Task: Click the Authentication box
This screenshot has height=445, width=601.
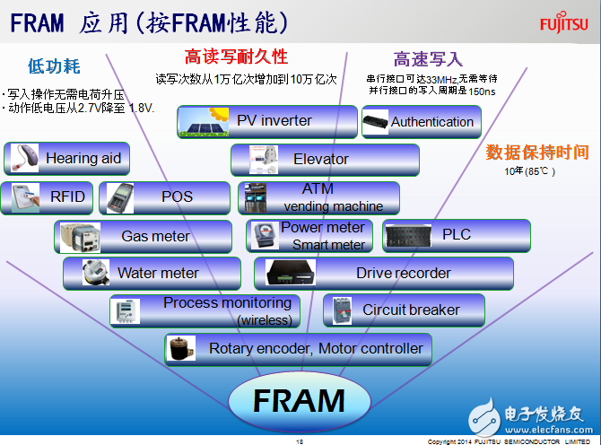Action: pos(422,122)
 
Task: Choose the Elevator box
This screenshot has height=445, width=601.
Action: pos(326,160)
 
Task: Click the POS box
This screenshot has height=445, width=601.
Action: pos(160,197)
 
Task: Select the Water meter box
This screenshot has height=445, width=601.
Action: pos(152,273)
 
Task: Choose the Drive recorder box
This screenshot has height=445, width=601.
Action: pos(383,273)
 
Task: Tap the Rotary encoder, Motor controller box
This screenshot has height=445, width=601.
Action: pos(300,348)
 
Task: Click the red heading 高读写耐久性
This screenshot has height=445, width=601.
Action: pos(236,57)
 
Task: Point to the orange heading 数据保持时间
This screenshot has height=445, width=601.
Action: pos(537,152)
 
